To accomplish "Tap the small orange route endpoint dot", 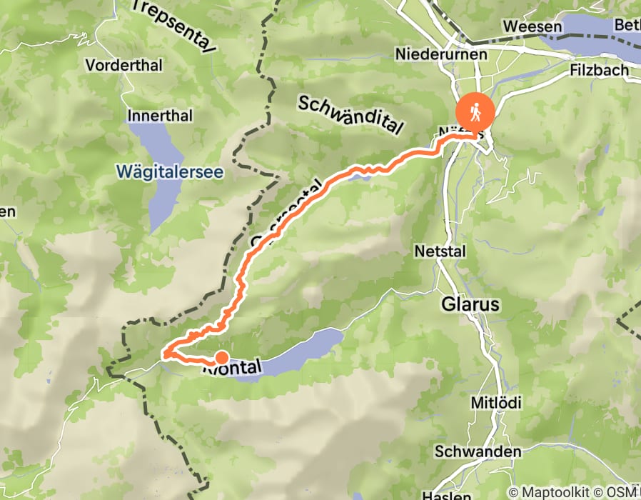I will point(221,358).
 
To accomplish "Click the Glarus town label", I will point(470,304).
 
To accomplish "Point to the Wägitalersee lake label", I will point(170,171).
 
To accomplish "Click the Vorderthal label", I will point(124,65).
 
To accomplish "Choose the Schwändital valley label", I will point(350,114).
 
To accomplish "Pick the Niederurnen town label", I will point(441,54).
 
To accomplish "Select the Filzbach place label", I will point(600,70).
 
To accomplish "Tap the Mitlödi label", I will point(496,403).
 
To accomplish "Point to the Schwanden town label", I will point(478,451).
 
